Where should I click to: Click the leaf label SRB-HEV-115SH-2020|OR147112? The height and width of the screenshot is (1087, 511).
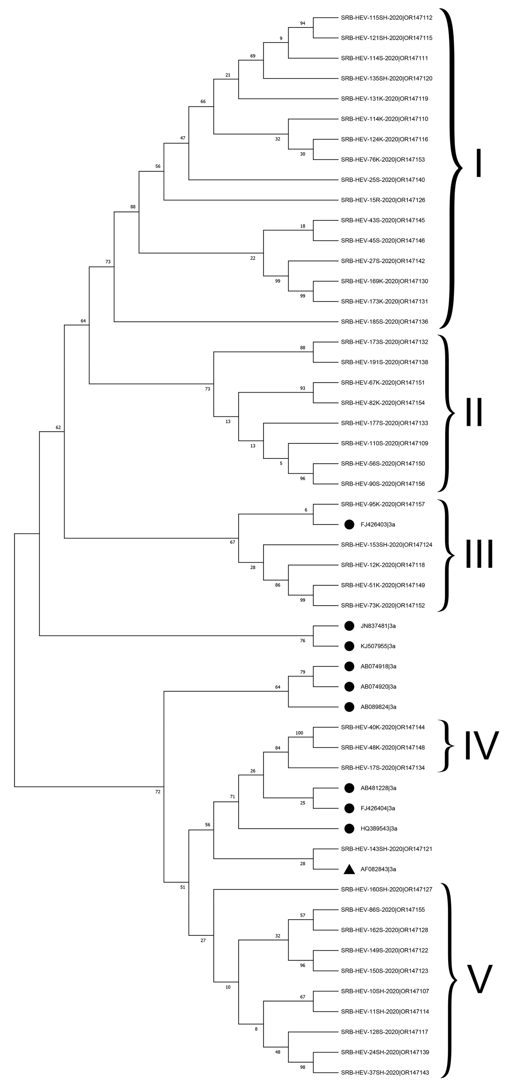point(386,18)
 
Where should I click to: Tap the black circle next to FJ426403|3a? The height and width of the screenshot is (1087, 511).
point(349,525)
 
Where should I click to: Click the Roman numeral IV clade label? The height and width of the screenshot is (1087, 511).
point(481,746)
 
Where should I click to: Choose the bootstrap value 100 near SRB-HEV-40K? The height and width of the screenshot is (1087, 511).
point(299,733)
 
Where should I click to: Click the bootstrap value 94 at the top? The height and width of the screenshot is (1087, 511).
point(302,23)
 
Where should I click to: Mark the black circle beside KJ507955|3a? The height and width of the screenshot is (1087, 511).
point(349,646)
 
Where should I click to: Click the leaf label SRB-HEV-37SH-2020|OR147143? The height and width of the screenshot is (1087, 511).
point(385,1072)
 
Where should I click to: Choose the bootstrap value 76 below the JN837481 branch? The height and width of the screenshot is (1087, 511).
point(302,640)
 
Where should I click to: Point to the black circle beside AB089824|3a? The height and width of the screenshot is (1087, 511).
point(349,707)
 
